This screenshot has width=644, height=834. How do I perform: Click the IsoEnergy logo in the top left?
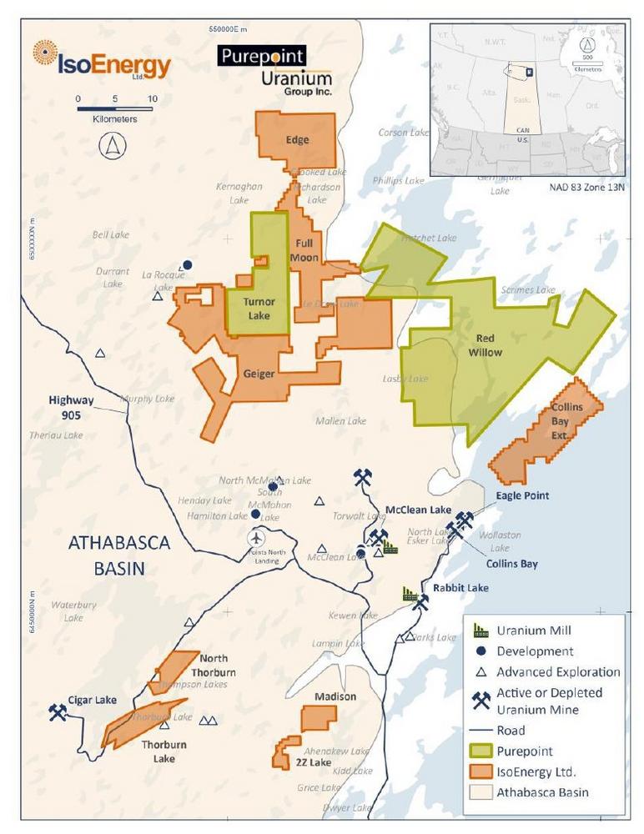(101, 63)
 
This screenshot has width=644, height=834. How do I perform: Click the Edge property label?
(297, 140)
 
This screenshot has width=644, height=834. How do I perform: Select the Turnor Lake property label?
(259, 309)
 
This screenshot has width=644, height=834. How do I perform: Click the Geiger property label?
(259, 374)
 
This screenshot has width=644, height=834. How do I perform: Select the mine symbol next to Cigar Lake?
(58, 713)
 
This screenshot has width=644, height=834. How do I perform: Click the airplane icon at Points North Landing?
(256, 538)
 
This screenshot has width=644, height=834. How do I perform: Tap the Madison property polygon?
(319, 717)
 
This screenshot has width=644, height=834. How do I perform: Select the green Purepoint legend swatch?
(480, 751)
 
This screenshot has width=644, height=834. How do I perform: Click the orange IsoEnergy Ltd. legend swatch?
(480, 771)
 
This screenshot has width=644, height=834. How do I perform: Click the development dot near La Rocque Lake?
(188, 264)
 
